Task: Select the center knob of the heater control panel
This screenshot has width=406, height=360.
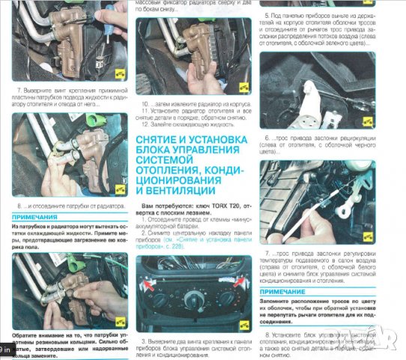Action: [x=193, y=300]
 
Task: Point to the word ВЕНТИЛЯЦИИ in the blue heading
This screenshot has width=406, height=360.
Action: [x=176, y=192]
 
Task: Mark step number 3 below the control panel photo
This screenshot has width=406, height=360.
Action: [x=142, y=342]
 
